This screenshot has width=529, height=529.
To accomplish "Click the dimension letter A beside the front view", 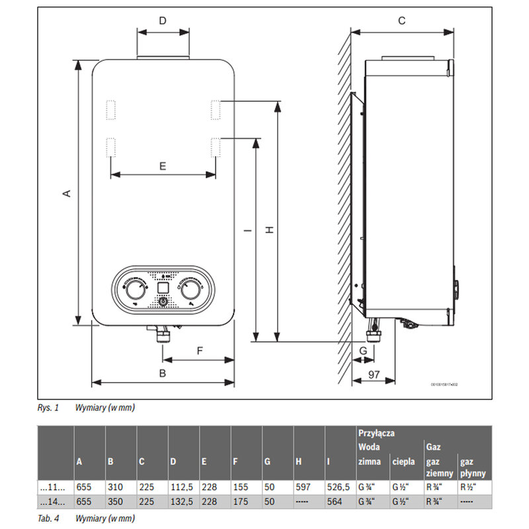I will tap(66, 193).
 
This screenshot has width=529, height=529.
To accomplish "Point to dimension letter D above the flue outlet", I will tap(163, 20).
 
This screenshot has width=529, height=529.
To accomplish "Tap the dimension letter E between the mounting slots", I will tap(163, 167).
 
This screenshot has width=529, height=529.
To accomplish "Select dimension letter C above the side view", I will tap(401, 20).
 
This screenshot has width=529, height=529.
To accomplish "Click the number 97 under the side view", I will tap(374, 375).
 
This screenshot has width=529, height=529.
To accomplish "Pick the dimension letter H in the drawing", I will tap(269, 229).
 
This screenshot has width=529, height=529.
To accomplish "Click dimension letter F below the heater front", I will tap(199, 351).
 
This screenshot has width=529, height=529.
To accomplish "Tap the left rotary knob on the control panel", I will tap(135, 289).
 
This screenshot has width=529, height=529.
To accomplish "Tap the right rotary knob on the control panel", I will tap(191, 289).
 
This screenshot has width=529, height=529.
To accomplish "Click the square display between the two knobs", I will tap(163, 288).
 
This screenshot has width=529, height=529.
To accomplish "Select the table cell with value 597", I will tap(303, 487).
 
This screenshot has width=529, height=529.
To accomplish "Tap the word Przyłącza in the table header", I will tap(376, 433).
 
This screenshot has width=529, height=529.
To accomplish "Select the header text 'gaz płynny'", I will tap(473, 467).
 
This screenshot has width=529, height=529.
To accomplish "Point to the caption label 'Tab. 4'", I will tap(46, 516).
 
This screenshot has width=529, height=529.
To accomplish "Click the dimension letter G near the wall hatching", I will tap(362, 350).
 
